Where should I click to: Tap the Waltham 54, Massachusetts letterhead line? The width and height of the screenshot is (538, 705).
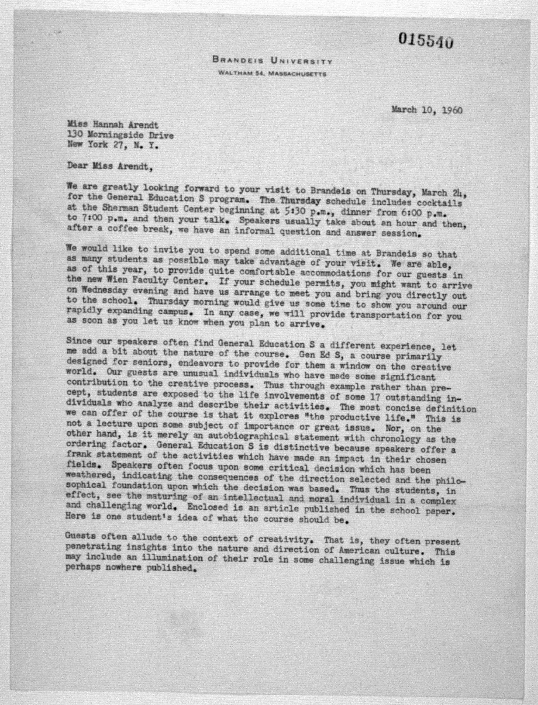point(272,73)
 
